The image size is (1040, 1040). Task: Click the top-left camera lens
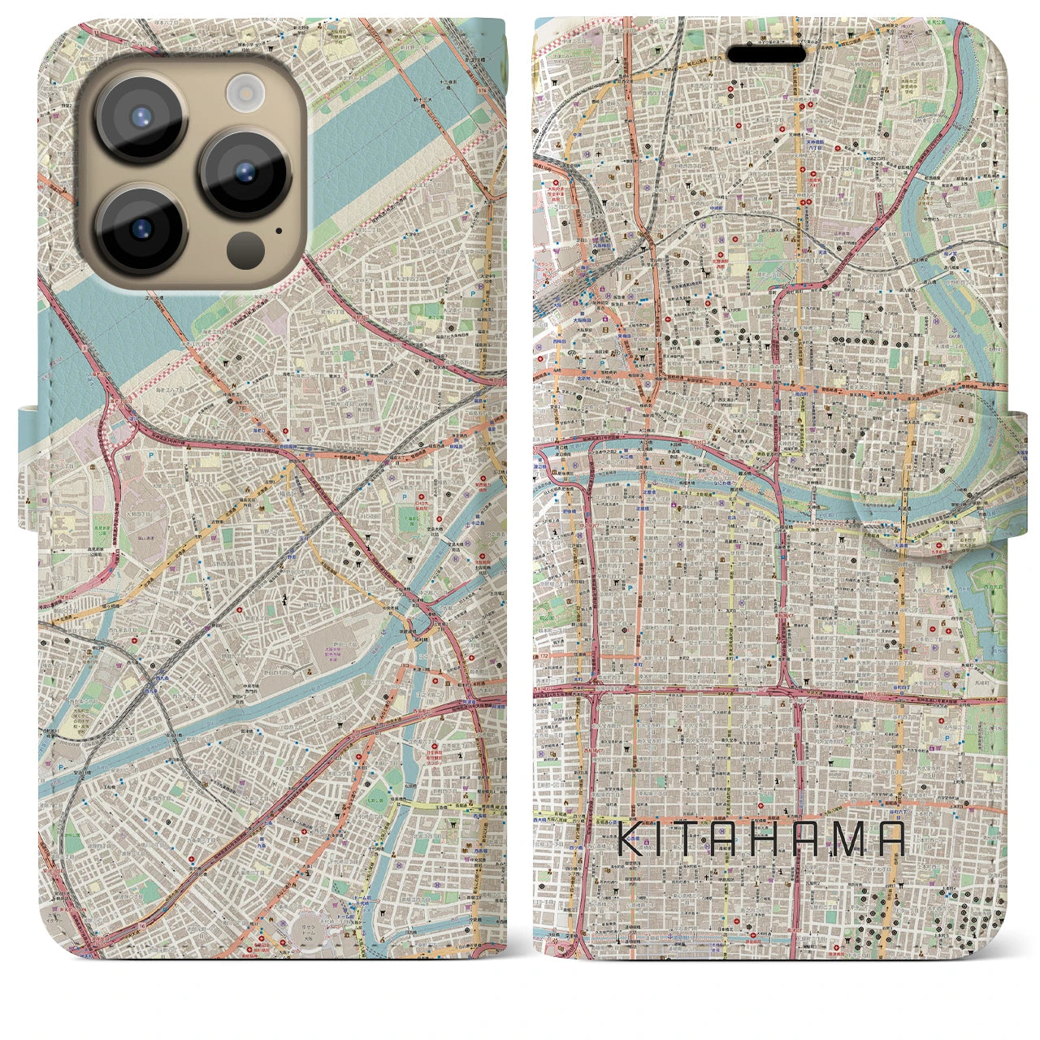[x=141, y=118]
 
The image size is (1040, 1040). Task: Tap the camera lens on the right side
[x=245, y=172]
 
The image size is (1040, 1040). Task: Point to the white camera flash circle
[x=242, y=92]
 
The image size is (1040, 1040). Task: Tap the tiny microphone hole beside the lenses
[x=279, y=230]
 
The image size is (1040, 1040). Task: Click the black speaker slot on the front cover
[x=766, y=54]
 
